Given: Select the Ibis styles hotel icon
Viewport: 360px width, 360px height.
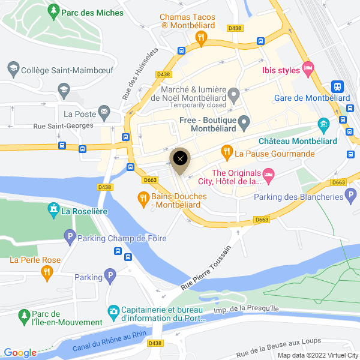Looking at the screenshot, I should [308, 68].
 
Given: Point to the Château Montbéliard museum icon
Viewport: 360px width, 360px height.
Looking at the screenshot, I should [324, 126].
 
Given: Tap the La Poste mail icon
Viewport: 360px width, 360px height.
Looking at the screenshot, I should [104, 112].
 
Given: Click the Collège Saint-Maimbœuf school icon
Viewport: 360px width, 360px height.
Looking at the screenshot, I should [13, 69].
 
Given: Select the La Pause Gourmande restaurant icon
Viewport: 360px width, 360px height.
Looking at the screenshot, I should [227, 152].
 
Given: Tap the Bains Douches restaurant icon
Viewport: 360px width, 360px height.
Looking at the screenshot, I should [143, 198].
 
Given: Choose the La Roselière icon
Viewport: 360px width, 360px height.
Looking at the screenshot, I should [54, 210].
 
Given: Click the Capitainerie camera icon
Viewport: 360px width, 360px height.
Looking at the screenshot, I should [113, 311].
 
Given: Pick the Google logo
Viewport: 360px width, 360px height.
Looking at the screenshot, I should [20, 353].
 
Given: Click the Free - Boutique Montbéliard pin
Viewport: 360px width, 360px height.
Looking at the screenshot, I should [244, 124].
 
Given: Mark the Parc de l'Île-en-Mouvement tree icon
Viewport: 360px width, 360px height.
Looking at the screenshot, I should [23, 315].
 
